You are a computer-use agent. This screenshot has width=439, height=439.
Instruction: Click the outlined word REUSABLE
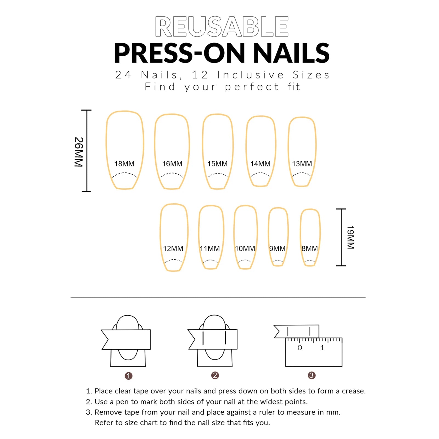tap(222, 26)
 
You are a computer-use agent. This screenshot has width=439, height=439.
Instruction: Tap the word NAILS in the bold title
tap(291, 53)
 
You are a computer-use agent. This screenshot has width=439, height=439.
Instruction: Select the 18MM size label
tap(124, 164)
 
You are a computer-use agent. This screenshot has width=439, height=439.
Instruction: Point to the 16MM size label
tap(172, 164)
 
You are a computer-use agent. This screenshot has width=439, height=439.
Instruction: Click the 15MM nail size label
tap(217, 164)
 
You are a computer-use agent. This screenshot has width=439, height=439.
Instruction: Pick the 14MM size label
tap(260, 164)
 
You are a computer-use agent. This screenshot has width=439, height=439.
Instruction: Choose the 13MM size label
tap(302, 164)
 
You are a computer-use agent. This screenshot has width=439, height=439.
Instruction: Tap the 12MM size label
tap(173, 248)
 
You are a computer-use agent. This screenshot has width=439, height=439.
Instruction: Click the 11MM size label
tap(210, 248)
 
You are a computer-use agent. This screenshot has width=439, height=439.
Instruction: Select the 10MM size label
tap(245, 248)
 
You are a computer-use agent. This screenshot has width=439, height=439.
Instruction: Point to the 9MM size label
tap(277, 248)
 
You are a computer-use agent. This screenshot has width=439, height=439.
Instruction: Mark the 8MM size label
tap(310, 248)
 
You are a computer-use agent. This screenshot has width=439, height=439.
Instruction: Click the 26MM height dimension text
tap(79, 152)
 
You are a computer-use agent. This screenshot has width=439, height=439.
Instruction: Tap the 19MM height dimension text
tap(350, 237)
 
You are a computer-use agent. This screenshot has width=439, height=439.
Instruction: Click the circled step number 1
tap(129, 376)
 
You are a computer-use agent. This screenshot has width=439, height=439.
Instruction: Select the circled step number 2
tap(215, 375)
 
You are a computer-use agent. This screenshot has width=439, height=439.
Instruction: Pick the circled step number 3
tap(311, 375)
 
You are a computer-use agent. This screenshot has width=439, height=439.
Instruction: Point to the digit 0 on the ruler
tap(300, 348)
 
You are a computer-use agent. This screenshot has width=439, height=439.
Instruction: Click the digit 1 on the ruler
tap(322, 348)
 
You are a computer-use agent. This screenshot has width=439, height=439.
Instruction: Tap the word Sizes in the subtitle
tap(311, 75)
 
